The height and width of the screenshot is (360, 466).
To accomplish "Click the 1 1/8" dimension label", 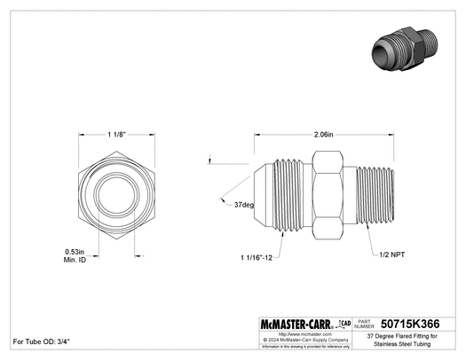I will click(x=115, y=135).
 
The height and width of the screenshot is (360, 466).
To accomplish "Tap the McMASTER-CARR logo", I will click(x=291, y=325).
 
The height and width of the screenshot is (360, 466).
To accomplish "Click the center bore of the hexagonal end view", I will click(x=115, y=196).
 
